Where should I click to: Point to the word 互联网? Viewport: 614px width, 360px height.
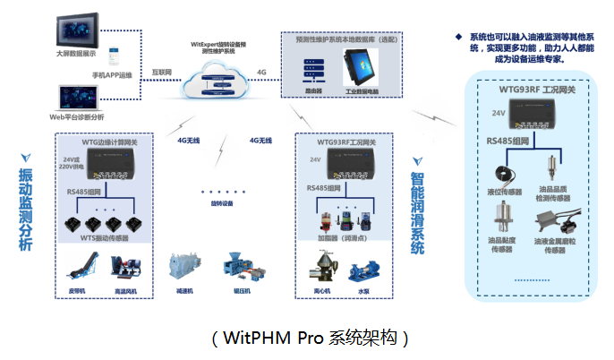tap(162, 71)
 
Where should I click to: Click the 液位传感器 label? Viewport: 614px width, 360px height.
tap(503, 191)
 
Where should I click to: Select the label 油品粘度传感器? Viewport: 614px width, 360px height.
tap(503, 245)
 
